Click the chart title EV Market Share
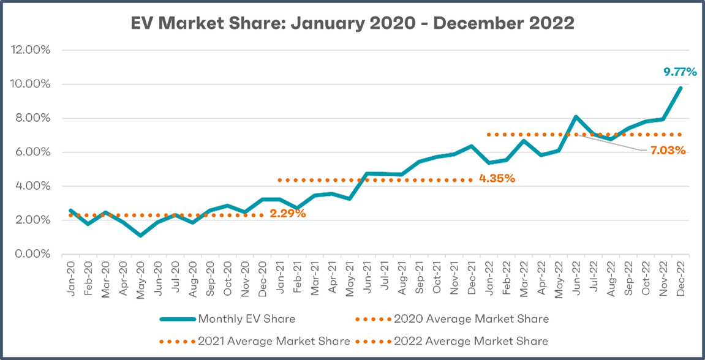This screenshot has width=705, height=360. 352,24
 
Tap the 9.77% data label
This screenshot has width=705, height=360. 680,72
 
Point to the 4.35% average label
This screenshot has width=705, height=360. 497,179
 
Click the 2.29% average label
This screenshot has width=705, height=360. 287,214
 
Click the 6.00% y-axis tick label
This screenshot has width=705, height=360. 32,152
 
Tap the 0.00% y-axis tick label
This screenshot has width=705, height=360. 32,254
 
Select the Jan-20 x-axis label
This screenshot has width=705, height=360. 72,277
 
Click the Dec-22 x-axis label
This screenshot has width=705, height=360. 680,277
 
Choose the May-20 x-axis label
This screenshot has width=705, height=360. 141,277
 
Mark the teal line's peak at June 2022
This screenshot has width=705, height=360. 576,116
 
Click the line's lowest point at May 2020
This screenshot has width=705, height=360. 141,235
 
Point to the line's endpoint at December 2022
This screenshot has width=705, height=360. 680,88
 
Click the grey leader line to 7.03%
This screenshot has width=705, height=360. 613,143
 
